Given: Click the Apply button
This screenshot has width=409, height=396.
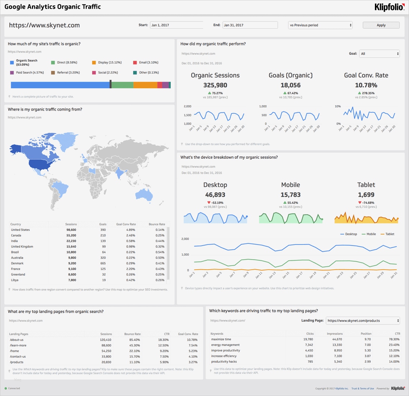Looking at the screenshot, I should pyautogui.click(x=381, y=25).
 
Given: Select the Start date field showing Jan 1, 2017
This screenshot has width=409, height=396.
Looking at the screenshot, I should pyautogui.click(x=176, y=25).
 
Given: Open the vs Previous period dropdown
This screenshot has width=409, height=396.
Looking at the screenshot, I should pyautogui.click(x=320, y=25).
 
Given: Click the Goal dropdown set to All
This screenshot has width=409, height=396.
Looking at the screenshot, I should pyautogui.click(x=380, y=54).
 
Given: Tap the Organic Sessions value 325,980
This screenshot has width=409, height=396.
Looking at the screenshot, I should pyautogui.click(x=215, y=85).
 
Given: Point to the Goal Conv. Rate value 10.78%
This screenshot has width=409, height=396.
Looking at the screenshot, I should pyautogui.click(x=366, y=85).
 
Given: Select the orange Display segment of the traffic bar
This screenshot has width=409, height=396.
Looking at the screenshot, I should pyautogui.click(x=145, y=85).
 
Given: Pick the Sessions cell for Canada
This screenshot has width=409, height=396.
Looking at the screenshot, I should pyautogui.click(x=71, y=236).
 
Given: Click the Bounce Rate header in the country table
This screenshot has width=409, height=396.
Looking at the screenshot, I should pyautogui.click(x=157, y=224).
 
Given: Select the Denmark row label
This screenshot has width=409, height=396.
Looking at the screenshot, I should pyautogui.click(x=17, y=264).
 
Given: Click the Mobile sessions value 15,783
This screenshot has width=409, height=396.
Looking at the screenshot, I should pyautogui.click(x=291, y=195).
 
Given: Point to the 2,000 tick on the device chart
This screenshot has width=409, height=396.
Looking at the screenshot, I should pyautogui.click(x=185, y=239).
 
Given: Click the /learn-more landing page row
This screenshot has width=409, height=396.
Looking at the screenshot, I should pyautogui.click(x=18, y=345).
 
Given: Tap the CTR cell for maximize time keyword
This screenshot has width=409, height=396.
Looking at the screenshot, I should pyautogui.click(x=394, y=339).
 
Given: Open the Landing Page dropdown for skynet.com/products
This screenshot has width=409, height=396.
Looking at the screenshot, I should pyautogui.click(x=363, y=321).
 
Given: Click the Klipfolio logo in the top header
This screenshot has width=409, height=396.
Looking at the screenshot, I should pyautogui.click(x=389, y=7).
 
